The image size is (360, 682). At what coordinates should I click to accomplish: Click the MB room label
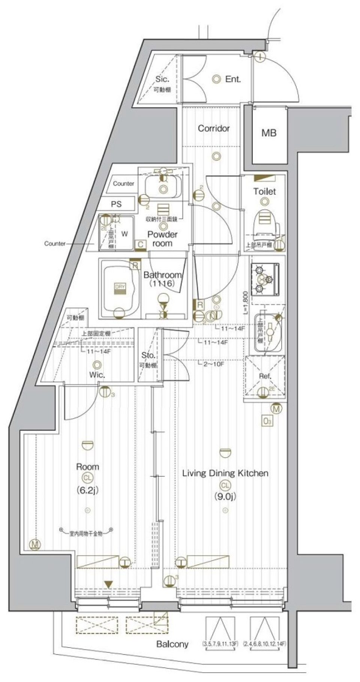pos(269,133)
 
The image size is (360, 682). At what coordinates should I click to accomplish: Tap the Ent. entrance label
pos(233,79)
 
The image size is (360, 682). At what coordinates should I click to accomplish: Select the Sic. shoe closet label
pos(162,79)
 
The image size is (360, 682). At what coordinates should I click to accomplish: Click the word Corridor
pos(213,128)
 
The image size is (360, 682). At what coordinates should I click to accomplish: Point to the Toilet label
pos(264,191)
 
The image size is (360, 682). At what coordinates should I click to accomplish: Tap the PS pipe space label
pos(116,204)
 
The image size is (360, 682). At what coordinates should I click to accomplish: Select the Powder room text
pos(162,239)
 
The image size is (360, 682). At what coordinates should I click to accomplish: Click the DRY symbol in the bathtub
pos(120,287)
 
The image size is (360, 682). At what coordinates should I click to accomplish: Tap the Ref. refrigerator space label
pos(265,376)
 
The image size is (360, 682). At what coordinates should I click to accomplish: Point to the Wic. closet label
pos(97,374)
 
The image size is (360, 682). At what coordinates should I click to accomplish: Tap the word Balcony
pos(172,644)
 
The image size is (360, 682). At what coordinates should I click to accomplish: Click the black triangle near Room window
pos(108,584)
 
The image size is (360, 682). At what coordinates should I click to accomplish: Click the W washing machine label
pos(124,234)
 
